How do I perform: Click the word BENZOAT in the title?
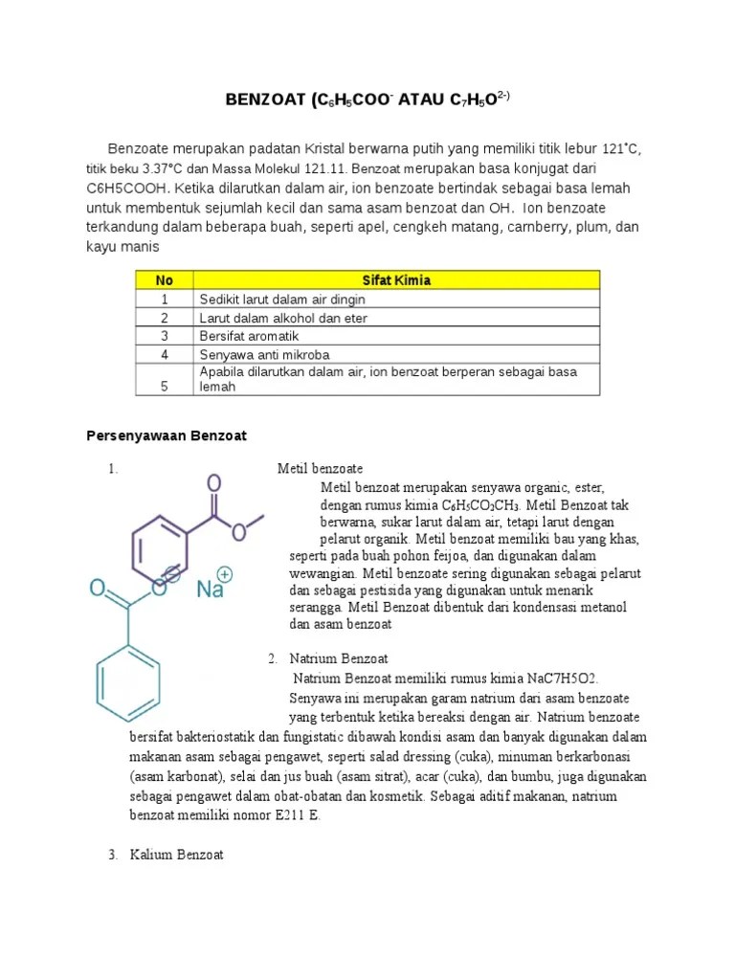(264, 100)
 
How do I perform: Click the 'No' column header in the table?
(164, 280)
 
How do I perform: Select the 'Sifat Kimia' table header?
(396, 280)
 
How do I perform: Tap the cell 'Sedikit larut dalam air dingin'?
(282, 300)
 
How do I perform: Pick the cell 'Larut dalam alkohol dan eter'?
(283, 318)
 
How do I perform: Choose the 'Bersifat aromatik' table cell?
(249, 336)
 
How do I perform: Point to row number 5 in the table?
(164, 387)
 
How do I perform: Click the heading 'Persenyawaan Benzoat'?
(167, 435)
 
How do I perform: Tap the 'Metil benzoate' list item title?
(320, 469)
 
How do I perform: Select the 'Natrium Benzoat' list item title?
(338, 658)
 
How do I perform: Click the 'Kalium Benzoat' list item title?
(177, 855)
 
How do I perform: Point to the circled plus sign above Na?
(225, 573)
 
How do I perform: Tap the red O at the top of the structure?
(214, 482)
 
